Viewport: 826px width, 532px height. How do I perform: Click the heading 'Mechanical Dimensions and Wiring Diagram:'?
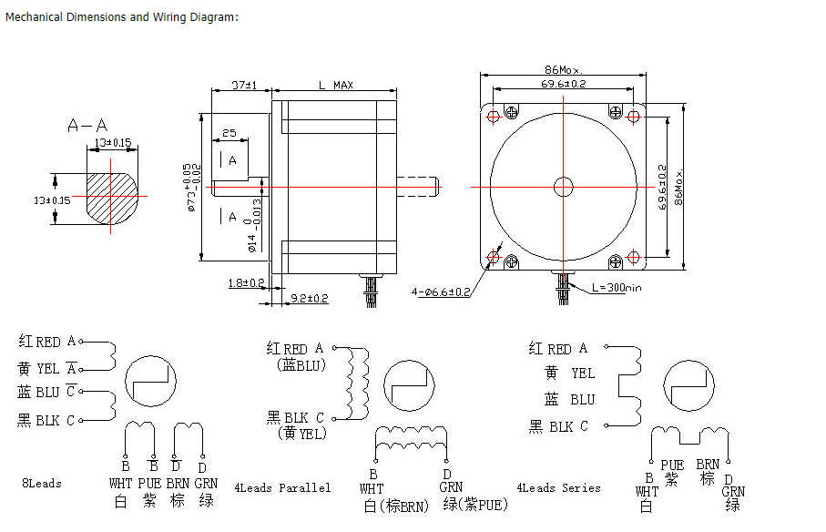pyautogui.click(x=122, y=17)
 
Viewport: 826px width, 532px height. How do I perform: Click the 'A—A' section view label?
pyautogui.click(x=87, y=125)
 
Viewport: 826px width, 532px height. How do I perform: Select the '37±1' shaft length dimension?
pyautogui.click(x=243, y=85)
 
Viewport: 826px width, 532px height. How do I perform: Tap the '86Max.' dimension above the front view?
pyautogui.click(x=563, y=69)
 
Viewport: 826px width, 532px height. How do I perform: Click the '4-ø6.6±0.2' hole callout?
pyautogui.click(x=441, y=292)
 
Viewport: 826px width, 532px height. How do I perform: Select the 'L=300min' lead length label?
pyautogui.click(x=617, y=287)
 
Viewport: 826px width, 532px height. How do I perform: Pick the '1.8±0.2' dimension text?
pyautogui.click(x=246, y=282)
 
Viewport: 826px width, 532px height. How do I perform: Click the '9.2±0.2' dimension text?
pyautogui.click(x=310, y=298)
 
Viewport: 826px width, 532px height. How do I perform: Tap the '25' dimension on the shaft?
pyautogui.click(x=229, y=133)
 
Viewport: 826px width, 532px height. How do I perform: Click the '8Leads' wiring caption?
pyautogui.click(x=42, y=483)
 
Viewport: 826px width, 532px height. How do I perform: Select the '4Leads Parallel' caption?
pyautogui.click(x=282, y=487)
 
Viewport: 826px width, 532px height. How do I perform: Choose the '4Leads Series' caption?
pyautogui.click(x=558, y=487)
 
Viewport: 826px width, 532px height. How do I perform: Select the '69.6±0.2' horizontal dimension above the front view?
pyautogui.click(x=563, y=84)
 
